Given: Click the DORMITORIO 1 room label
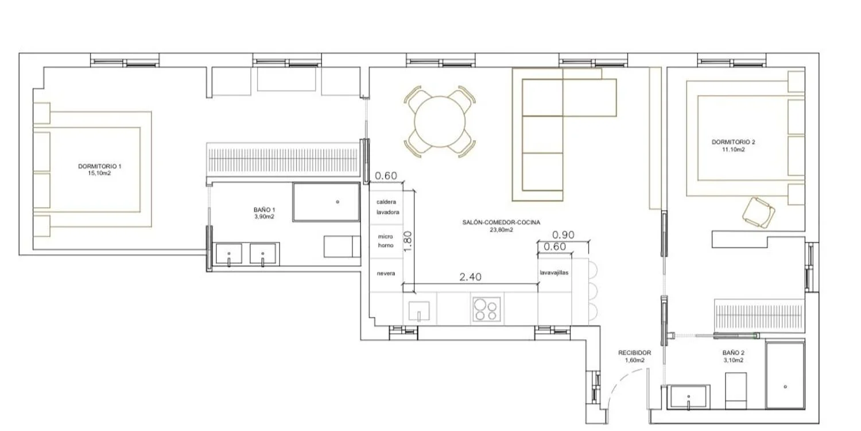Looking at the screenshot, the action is [x=99, y=166].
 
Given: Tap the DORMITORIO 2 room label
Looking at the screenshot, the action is [x=734, y=142].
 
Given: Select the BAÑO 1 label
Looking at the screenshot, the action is [x=264, y=210].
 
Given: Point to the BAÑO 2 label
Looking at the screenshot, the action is [x=734, y=352].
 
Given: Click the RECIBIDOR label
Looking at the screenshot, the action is [x=635, y=352].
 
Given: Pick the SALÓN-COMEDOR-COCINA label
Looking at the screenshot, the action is [x=501, y=222].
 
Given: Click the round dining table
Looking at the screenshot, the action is [x=440, y=122].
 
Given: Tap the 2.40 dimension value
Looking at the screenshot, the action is [x=470, y=276].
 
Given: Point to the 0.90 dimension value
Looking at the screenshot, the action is [x=563, y=234].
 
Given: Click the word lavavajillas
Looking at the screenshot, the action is [x=554, y=272].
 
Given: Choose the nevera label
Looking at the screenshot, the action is [x=386, y=273].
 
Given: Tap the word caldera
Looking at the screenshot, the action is [x=386, y=202].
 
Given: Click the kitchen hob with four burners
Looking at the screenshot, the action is [x=486, y=309].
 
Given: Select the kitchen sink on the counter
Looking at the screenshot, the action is [x=419, y=311].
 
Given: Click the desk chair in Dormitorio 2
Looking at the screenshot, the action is [x=758, y=213].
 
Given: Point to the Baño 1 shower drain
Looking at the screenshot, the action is [x=338, y=202].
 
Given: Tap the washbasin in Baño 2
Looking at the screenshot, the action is [x=688, y=397].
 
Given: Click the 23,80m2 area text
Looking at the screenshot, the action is [x=501, y=230].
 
